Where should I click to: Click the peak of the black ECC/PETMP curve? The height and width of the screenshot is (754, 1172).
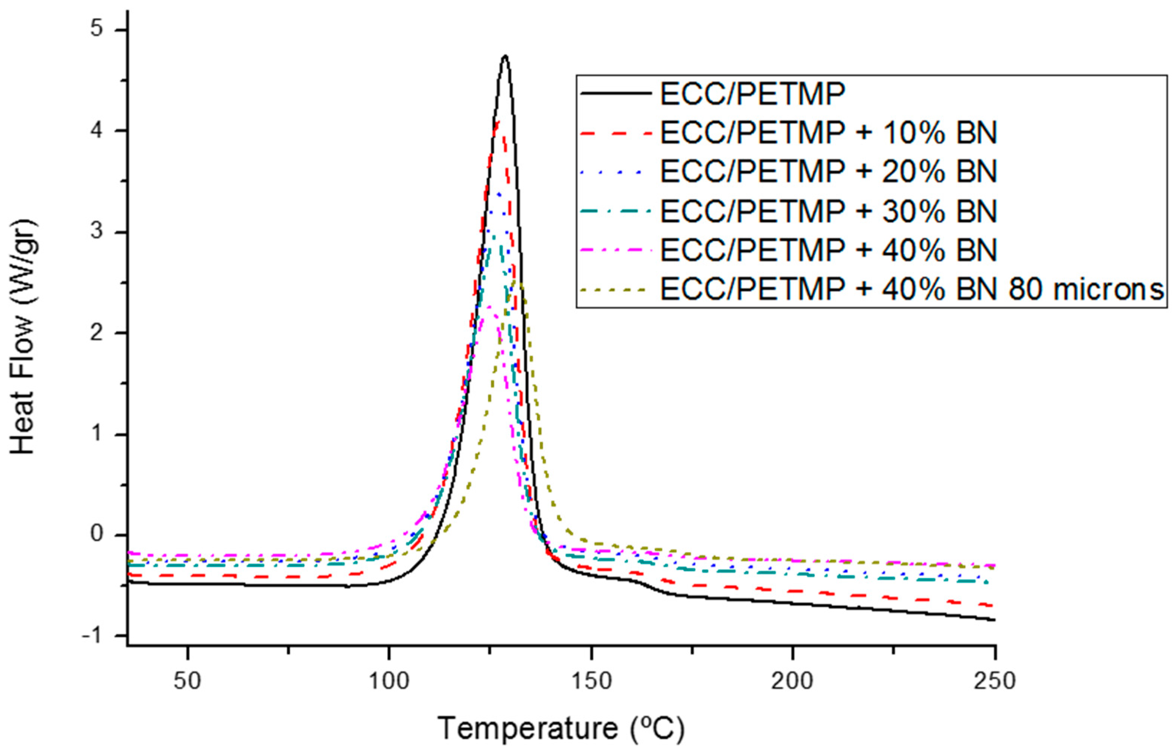point(505,56)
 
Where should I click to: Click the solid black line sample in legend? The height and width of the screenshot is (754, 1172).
point(616,93)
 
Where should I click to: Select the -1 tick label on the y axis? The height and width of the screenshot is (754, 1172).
point(93,635)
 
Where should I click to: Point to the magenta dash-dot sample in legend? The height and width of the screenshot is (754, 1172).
point(616,250)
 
